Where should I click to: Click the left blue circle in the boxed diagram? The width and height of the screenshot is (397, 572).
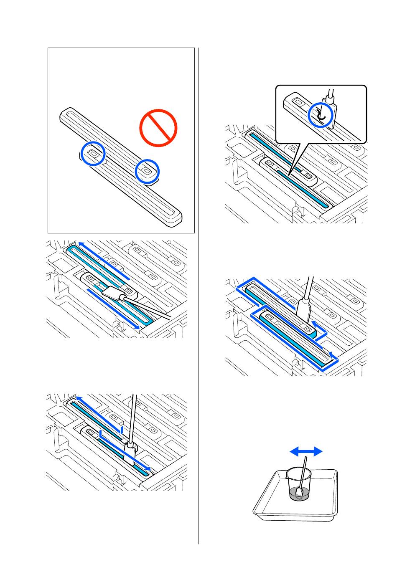93,153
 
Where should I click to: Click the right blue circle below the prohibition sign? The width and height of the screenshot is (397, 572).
147,171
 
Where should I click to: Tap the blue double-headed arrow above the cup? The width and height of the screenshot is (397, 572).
306,451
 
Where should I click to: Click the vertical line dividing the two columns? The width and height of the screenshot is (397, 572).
198,292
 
